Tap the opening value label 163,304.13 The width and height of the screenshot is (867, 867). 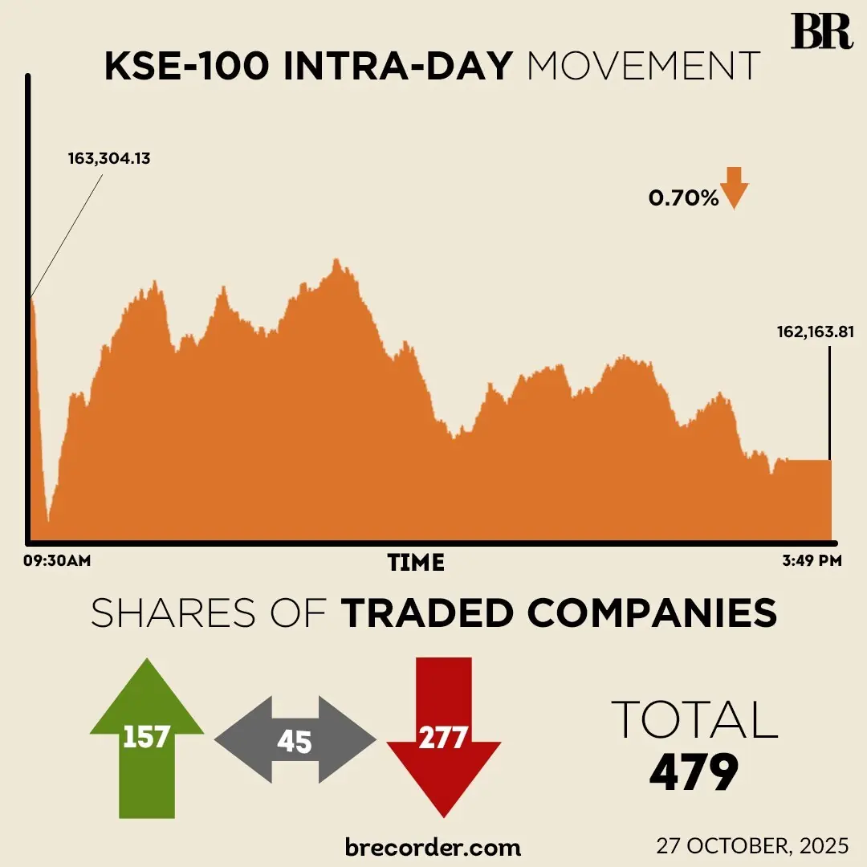(x=108, y=158)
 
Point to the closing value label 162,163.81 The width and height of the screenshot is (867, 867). (x=814, y=331)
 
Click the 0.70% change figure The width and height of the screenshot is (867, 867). (x=683, y=197)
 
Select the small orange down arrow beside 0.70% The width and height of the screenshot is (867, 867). (x=735, y=188)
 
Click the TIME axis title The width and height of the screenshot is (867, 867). (x=416, y=562)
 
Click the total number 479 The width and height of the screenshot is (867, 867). (x=694, y=774)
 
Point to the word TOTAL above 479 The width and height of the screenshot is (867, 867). (x=694, y=720)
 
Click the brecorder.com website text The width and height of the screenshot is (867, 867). (x=433, y=846)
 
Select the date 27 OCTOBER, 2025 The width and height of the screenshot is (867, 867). (x=752, y=845)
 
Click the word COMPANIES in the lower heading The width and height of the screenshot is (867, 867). (x=652, y=614)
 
